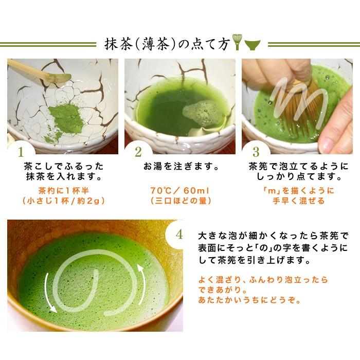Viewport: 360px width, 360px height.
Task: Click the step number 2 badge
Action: tap(137, 152)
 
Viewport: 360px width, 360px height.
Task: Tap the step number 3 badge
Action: tap(255, 152)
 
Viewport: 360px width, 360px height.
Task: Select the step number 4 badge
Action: tap(178, 235)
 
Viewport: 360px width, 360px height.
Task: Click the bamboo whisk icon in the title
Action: tap(237, 44)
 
